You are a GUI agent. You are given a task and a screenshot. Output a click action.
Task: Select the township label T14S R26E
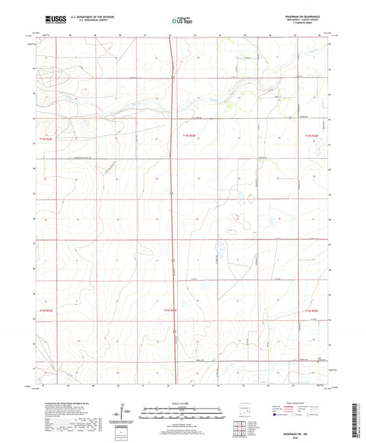tap(311, 136)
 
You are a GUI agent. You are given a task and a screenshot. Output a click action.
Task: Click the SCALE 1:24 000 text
tap(182, 403)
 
